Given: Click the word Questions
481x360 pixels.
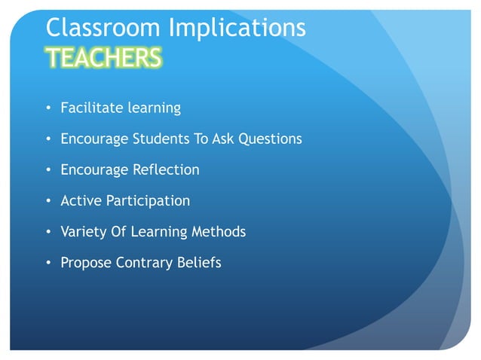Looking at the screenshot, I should coord(270,139).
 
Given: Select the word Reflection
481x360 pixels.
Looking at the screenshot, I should coord(167,169).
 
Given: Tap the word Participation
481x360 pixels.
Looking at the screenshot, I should coord(148,202).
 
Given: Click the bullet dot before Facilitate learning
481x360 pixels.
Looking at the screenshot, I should coord(49,108).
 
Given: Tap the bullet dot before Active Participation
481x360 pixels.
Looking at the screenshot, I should coord(49,202).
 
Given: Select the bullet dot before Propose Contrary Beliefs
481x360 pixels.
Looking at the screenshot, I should coord(49,264).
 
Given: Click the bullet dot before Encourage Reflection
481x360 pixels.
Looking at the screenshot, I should coord(49,170).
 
